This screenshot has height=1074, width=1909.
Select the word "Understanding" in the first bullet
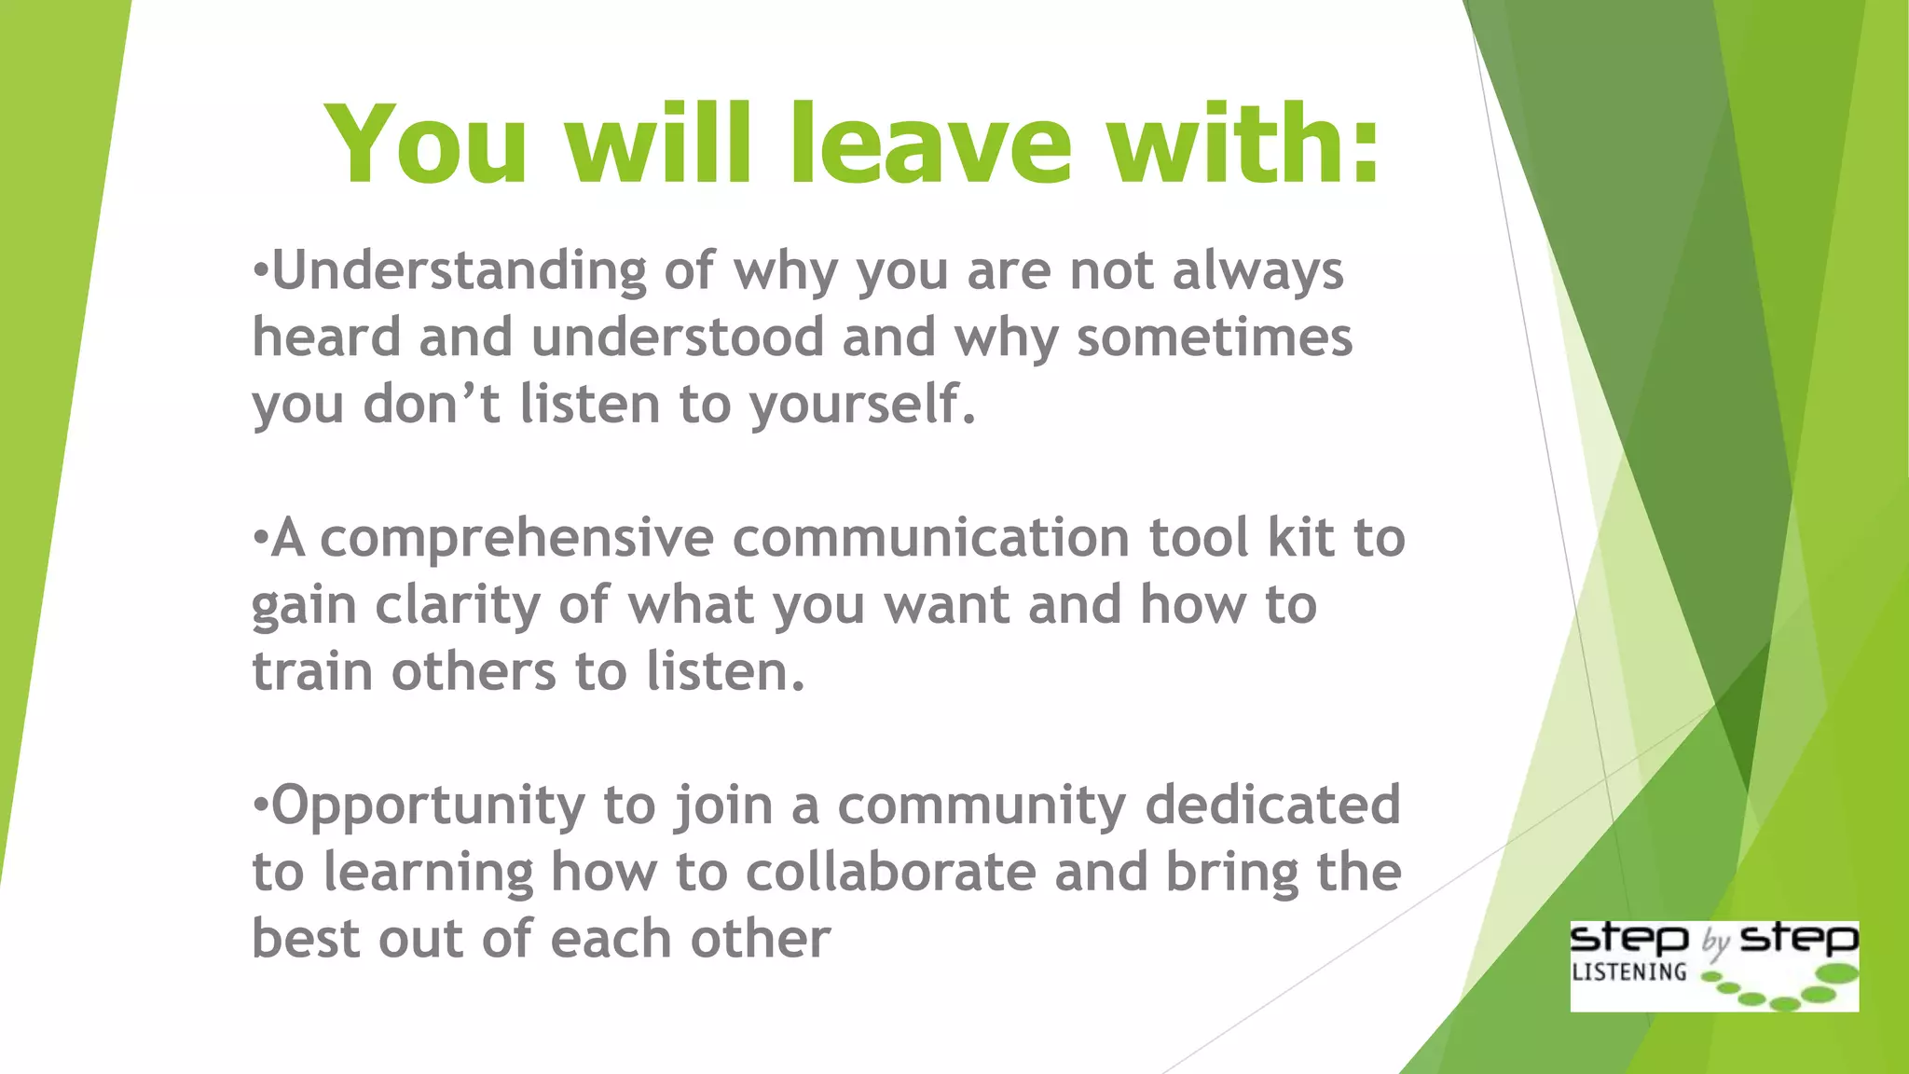click(x=459, y=271)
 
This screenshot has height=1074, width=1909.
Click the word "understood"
click(x=678, y=337)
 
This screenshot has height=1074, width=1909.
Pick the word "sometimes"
click(x=1214, y=337)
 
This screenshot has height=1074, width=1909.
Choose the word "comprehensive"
click(x=516, y=540)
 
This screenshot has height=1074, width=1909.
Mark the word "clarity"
click(x=458, y=606)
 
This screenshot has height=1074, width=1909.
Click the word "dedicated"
click(x=1272, y=805)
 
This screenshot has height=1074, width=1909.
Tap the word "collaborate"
click(x=890, y=873)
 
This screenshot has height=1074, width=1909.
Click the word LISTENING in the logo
click(x=1628, y=972)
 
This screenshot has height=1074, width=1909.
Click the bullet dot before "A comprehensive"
click(x=260, y=538)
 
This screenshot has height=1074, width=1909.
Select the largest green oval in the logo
click(x=1838, y=973)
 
